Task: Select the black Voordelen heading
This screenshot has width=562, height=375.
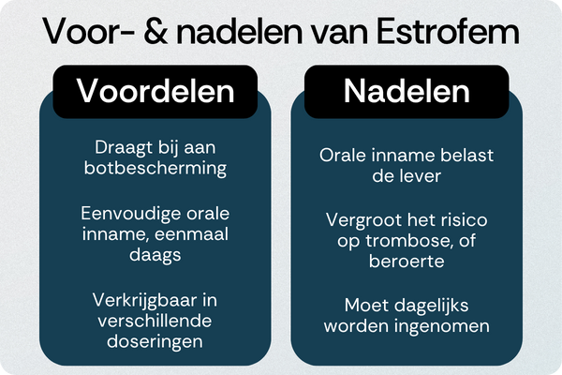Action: click(x=154, y=91)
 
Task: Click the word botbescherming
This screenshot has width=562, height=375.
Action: click(x=154, y=170)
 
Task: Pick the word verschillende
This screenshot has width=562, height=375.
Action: click(x=154, y=322)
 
